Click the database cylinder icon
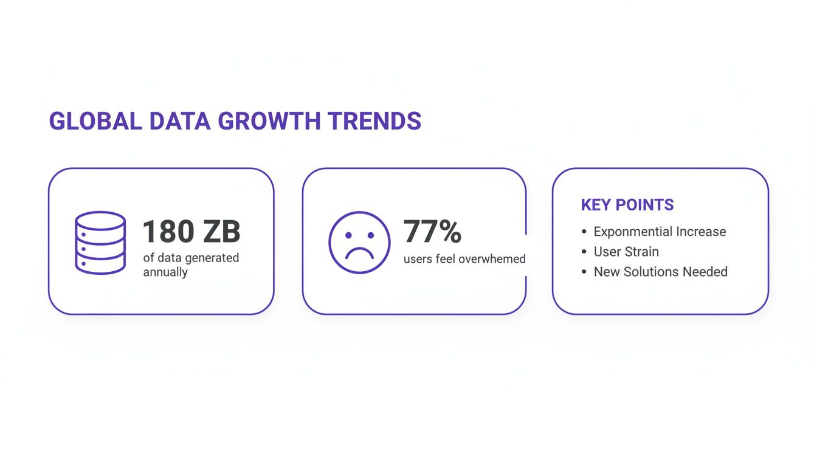point(100,242)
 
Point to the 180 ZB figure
point(191,232)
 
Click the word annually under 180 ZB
point(165,272)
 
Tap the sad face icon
point(359,242)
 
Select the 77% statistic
point(432,232)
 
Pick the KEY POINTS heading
point(627,205)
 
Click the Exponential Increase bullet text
point(660,232)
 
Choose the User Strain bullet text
point(626,252)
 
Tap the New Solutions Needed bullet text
point(660,272)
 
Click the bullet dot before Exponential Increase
point(584,232)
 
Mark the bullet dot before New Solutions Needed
point(584,272)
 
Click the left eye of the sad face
point(348,235)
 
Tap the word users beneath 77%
point(418,259)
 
